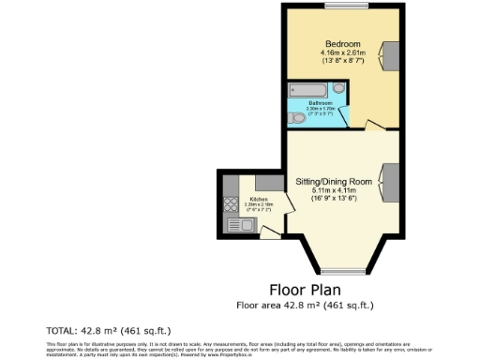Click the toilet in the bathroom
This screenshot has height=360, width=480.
pyautogui.click(x=297, y=117)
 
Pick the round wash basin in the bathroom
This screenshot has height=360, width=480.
pyautogui.click(x=338, y=89)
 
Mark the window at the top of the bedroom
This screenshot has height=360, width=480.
pyautogui.click(x=335, y=8)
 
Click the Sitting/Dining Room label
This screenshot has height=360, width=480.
pyautogui.click(x=335, y=180)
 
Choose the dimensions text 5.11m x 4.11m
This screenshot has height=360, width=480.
pyautogui.click(x=335, y=189)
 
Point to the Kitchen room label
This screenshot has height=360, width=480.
pyautogui.click(x=258, y=198)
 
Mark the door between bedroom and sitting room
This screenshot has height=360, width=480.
pyautogui.click(x=372, y=125)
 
